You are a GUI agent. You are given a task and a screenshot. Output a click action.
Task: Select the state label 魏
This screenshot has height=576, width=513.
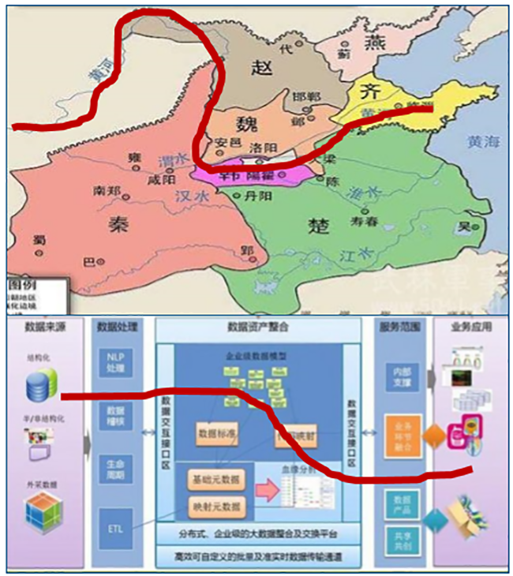pyautogui.click(x=245, y=124)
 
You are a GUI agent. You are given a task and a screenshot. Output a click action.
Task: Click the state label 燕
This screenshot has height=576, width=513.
pyautogui.click(x=371, y=42)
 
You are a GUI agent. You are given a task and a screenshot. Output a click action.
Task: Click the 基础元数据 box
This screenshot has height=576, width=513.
pyautogui.click(x=215, y=480)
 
